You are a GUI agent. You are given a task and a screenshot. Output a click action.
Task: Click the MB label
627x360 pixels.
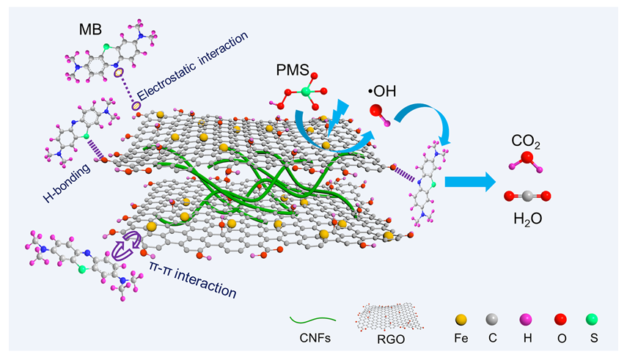[x=95, y=31]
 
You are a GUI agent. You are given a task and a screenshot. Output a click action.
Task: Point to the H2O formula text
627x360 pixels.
[x=527, y=218]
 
